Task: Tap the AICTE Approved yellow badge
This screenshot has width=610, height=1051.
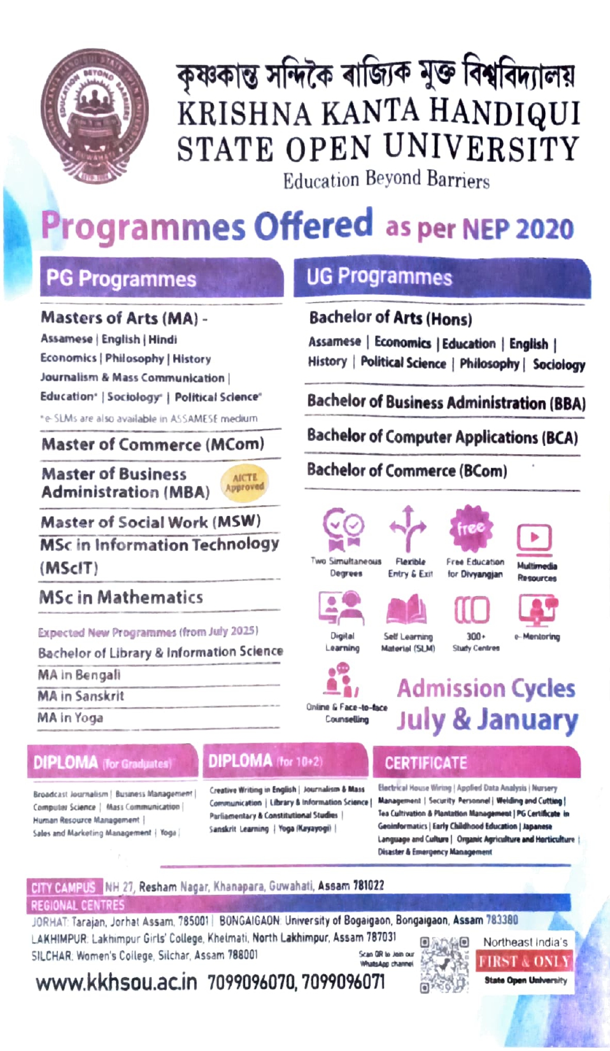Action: pos(245,482)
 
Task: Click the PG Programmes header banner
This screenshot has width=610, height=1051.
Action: pos(161,278)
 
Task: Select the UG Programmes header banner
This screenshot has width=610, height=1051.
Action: pos(441,277)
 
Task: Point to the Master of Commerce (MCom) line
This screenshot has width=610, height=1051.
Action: pos(153,444)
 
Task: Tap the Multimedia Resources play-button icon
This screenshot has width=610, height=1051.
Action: pos(534,538)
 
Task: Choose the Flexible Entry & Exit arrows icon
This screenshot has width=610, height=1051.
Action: pos(408,529)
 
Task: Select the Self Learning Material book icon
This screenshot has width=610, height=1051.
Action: pos(406,610)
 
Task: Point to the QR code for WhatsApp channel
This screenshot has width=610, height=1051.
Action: pos(444,963)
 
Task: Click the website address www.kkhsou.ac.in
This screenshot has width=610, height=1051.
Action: pos(117,982)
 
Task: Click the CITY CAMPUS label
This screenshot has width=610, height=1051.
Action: pos(63,887)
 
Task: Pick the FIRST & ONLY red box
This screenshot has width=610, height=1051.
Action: pos(524,961)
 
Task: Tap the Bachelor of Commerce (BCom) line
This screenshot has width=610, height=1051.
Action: pos(407,470)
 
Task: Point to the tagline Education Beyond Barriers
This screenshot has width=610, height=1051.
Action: pos(386,180)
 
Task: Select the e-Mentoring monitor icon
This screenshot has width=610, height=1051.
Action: pos(537,609)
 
